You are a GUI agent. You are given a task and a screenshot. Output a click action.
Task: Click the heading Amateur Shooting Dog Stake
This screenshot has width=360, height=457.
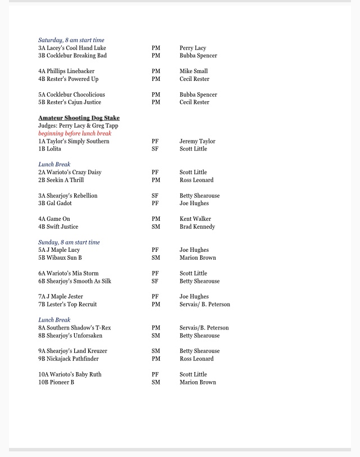(79, 118)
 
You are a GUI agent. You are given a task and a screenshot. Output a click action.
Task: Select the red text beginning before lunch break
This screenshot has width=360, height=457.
(75, 134)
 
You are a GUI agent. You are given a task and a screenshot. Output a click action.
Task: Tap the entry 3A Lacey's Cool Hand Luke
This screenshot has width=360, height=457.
(72, 48)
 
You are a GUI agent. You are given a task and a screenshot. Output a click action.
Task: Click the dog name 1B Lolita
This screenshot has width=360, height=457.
(49, 149)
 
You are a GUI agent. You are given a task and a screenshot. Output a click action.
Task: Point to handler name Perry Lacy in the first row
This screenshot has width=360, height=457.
(193, 48)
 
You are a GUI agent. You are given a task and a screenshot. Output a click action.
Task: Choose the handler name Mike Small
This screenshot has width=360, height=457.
(193, 71)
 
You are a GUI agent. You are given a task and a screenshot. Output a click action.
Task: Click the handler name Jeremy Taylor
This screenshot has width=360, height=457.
(197, 142)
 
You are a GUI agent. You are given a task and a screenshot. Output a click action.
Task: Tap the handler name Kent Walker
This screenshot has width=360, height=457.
(195, 219)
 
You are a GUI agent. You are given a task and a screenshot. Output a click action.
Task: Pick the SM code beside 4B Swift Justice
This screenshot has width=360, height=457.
(156, 227)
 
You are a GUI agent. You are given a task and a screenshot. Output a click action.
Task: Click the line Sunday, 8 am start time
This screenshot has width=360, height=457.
(69, 242)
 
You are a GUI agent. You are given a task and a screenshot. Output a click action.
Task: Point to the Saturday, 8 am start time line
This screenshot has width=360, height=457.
(71, 40)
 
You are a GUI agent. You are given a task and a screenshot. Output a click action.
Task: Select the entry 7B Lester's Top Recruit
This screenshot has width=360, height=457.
(67, 305)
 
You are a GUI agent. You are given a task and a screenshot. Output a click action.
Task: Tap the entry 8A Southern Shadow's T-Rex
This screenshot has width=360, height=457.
(75, 328)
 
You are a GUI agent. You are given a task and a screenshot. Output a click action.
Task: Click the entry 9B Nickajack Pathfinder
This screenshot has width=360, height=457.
(69, 359)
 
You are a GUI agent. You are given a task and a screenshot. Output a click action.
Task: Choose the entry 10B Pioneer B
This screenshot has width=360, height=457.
(56, 382)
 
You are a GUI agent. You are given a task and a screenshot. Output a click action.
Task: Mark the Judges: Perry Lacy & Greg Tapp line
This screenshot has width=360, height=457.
(78, 126)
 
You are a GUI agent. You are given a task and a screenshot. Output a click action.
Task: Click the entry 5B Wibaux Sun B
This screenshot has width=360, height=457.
(60, 258)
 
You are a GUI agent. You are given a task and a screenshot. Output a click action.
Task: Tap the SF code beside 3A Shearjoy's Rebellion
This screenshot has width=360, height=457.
(155, 196)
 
